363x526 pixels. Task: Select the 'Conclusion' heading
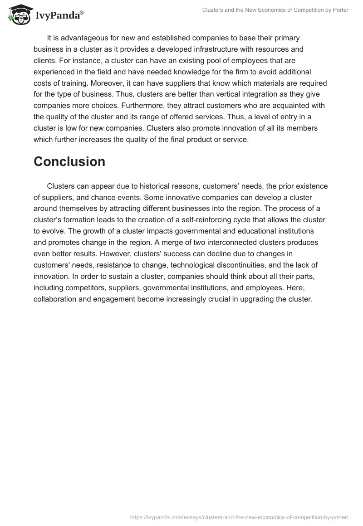click(69, 161)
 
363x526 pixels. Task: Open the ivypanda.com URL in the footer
click(239, 516)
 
